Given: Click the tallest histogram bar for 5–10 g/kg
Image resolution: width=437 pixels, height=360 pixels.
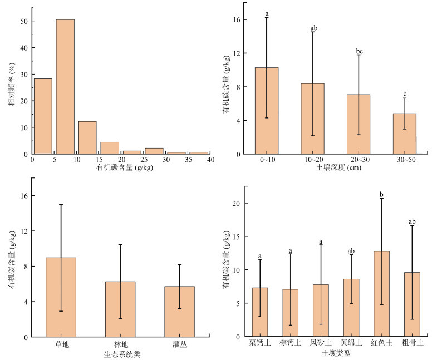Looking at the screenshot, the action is coord(65,87).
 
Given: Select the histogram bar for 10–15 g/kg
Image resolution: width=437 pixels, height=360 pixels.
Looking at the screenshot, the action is coord(87,137).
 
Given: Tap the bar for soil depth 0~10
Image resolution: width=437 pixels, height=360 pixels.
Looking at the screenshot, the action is coord(267,111).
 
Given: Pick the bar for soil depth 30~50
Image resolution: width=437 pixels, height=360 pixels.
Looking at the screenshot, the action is coord(405,134).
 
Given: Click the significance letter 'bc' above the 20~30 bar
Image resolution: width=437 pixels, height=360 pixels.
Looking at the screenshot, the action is coord(359,51).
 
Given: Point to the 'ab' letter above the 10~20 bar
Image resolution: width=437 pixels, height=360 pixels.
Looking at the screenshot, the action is coord(313,28).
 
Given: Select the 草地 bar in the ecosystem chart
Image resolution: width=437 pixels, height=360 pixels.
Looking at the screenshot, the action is coord(61,297).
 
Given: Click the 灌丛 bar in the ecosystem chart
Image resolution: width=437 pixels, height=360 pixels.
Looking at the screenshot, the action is coord(179,312).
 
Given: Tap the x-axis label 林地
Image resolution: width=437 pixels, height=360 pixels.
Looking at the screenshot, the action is coord(121,344).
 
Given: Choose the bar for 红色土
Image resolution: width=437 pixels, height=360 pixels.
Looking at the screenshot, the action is coord(381,294).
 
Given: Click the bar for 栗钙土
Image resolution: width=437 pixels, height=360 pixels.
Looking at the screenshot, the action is coord(260,312).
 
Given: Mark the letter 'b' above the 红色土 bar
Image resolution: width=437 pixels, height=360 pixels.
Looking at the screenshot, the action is coord(381,195).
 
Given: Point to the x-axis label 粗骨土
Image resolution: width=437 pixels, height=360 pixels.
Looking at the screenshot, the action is coord(412,342).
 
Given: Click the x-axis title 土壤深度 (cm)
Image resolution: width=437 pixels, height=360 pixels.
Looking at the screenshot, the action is coord(338,167).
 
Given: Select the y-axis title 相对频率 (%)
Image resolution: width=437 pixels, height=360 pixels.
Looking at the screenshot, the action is coord(12,84).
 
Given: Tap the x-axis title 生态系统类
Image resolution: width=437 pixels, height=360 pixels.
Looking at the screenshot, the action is coord(122,354).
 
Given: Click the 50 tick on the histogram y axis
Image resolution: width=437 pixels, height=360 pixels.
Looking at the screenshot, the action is coord(24,21).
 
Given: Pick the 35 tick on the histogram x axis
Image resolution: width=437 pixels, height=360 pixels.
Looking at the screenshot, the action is coord(188,160).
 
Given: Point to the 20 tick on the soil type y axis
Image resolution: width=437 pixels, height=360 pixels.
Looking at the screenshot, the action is coord(236,203).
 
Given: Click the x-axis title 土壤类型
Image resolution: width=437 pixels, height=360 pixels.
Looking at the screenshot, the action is coord(336,353).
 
